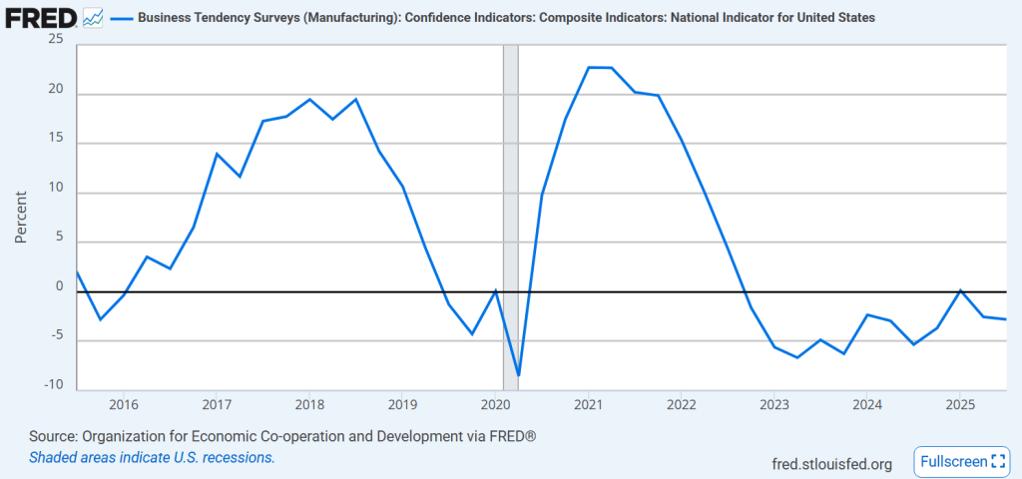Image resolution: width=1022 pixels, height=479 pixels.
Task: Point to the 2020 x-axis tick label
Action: pos(496,404)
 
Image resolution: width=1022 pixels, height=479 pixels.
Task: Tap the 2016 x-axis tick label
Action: pos(124,404)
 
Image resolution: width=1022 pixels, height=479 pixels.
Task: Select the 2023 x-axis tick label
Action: pos(774,404)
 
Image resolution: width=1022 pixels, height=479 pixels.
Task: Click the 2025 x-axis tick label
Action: pos(960,404)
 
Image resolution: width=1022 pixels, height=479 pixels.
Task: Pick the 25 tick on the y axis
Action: pos(55,39)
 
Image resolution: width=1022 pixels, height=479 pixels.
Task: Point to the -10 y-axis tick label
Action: pos(52,385)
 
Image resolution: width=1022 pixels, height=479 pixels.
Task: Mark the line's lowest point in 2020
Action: pos(519,376)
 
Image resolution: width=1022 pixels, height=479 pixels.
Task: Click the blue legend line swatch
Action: pos(123,18)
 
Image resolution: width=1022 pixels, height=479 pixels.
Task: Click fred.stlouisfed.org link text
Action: pos(832,463)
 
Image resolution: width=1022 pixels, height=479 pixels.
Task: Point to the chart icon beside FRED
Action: pos(93,17)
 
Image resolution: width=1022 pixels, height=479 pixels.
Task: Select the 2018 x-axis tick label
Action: pos(309,404)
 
